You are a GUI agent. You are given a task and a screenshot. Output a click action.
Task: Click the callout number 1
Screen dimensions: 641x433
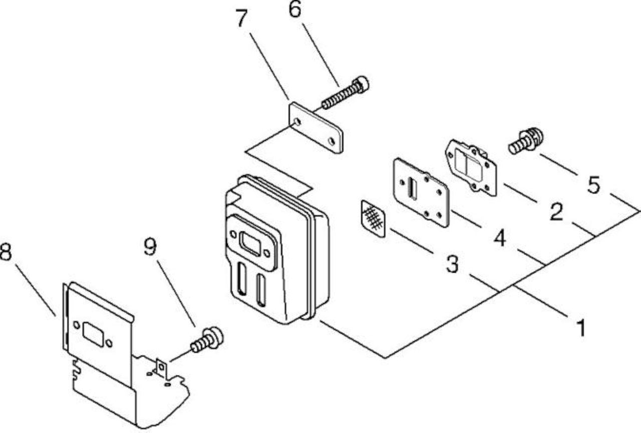[581, 328]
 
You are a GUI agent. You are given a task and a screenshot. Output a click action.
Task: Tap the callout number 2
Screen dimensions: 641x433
[556, 212]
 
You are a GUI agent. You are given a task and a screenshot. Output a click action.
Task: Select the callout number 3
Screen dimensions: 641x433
[452, 264]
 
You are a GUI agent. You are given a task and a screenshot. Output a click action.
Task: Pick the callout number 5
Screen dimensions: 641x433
[594, 185]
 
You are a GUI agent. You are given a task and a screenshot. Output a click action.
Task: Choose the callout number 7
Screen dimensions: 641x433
[242, 18]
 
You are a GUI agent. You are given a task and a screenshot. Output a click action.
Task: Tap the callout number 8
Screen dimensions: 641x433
[6, 251]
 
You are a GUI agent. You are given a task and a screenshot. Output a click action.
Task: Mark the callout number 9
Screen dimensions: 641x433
[150, 247]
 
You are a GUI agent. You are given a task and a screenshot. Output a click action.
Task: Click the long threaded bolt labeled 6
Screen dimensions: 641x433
[346, 93]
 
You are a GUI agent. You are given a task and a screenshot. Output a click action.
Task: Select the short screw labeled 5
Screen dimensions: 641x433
[526, 141]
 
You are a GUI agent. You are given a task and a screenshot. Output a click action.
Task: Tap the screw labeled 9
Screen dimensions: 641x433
[207, 340]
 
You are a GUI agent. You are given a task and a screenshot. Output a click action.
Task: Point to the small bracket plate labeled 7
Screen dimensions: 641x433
[315, 128]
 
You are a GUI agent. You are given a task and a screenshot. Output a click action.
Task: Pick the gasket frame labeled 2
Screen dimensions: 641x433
[471, 168]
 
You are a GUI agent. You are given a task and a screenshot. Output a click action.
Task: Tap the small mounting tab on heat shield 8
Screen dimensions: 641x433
[161, 367]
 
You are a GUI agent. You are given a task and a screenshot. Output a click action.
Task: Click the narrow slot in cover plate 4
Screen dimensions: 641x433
[412, 188]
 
